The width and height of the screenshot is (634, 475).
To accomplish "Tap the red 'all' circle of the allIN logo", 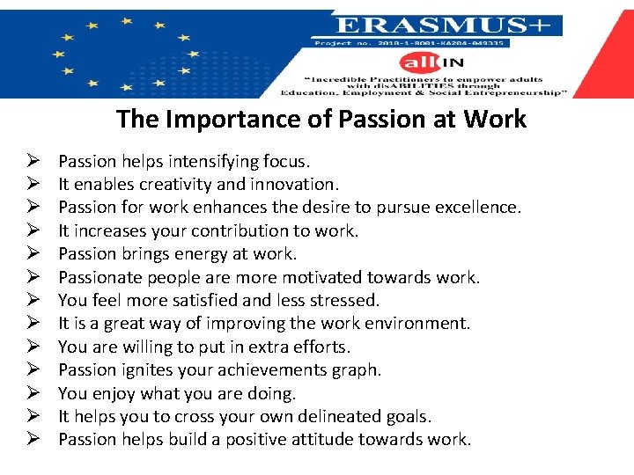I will (x=416, y=62).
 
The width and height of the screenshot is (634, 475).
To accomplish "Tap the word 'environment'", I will (x=418, y=324).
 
